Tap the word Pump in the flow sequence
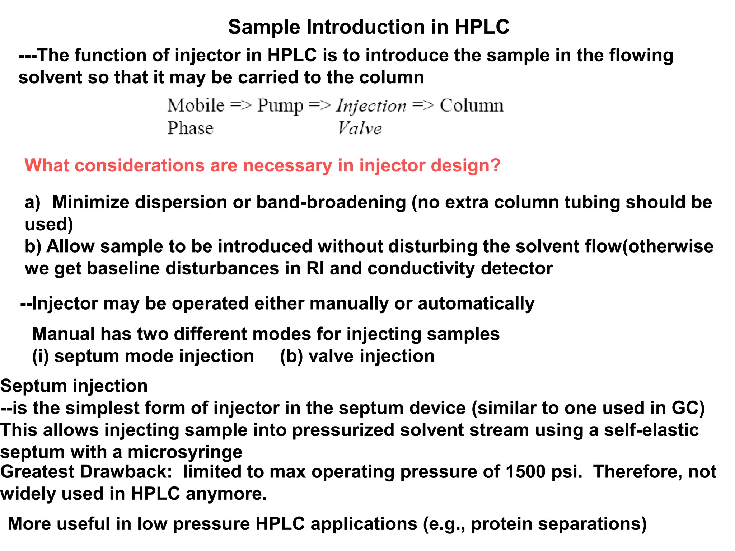[x=280, y=106]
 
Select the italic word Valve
[x=360, y=128]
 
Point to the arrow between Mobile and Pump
[x=240, y=105]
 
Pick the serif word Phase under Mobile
[x=190, y=128]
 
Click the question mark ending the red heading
[x=495, y=165]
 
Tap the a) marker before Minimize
[x=32, y=203]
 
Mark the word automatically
[x=476, y=304]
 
